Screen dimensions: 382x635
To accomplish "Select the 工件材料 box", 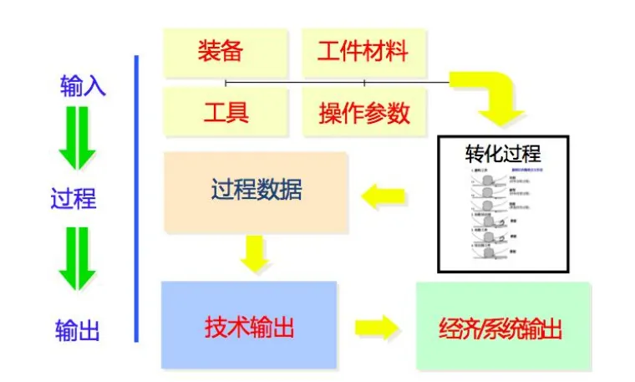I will (x=363, y=53).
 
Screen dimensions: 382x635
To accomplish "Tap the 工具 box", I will (x=225, y=111).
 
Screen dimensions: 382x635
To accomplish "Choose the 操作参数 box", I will (x=363, y=111).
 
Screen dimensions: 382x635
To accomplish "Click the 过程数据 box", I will (x=256, y=191).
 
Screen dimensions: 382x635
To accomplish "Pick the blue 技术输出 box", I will (x=249, y=326).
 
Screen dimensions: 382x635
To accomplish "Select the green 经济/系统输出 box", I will (x=501, y=327).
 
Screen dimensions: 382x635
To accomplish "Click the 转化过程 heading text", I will (x=503, y=154).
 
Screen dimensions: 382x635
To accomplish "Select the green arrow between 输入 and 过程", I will (x=77, y=142).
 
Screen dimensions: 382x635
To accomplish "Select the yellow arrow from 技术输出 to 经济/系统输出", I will (x=376, y=326).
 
